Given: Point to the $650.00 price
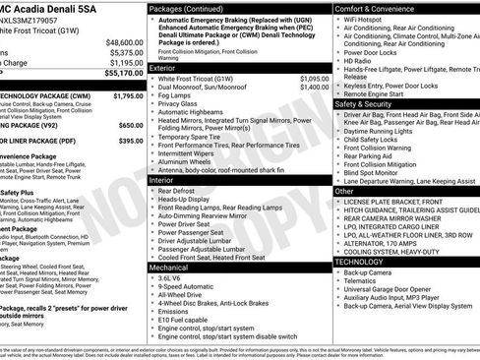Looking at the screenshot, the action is (131, 126).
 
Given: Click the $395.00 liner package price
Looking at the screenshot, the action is (131, 141).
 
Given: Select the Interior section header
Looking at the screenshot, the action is (161, 180).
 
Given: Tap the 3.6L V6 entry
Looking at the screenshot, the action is (172, 277).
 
